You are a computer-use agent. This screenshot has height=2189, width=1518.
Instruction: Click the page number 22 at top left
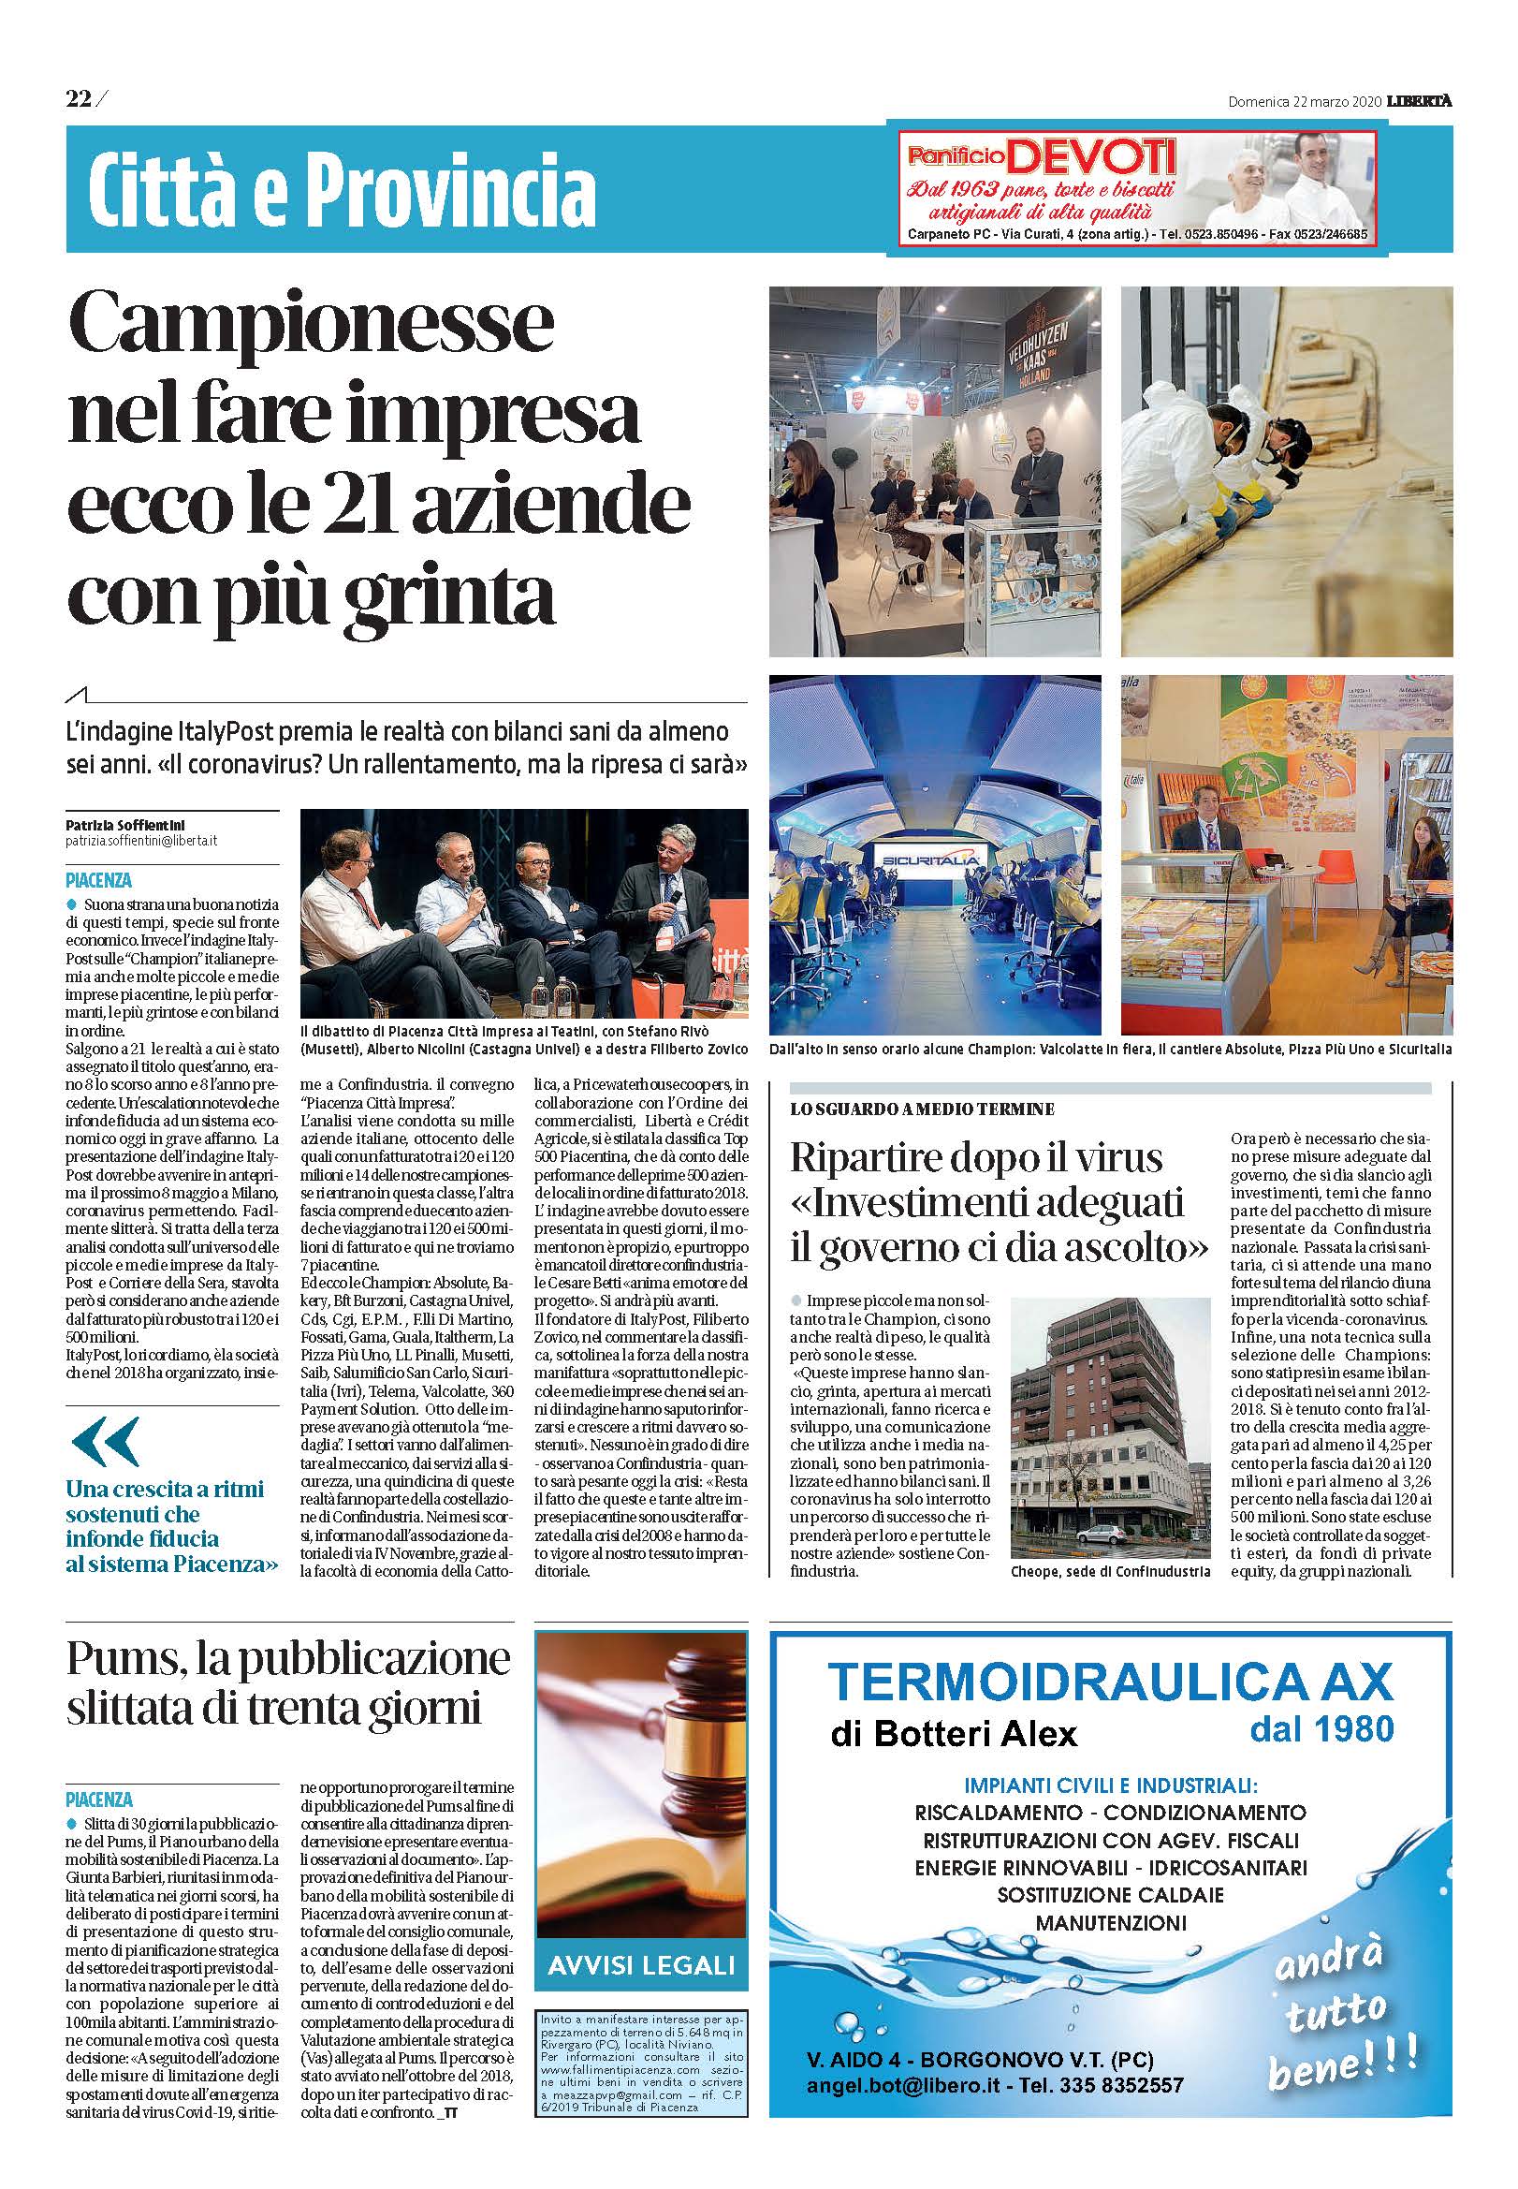click(78, 98)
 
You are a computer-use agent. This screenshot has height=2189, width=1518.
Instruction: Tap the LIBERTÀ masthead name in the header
click(1419, 102)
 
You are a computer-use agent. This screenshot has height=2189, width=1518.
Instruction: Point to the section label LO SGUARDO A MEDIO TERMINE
click(922, 1109)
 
